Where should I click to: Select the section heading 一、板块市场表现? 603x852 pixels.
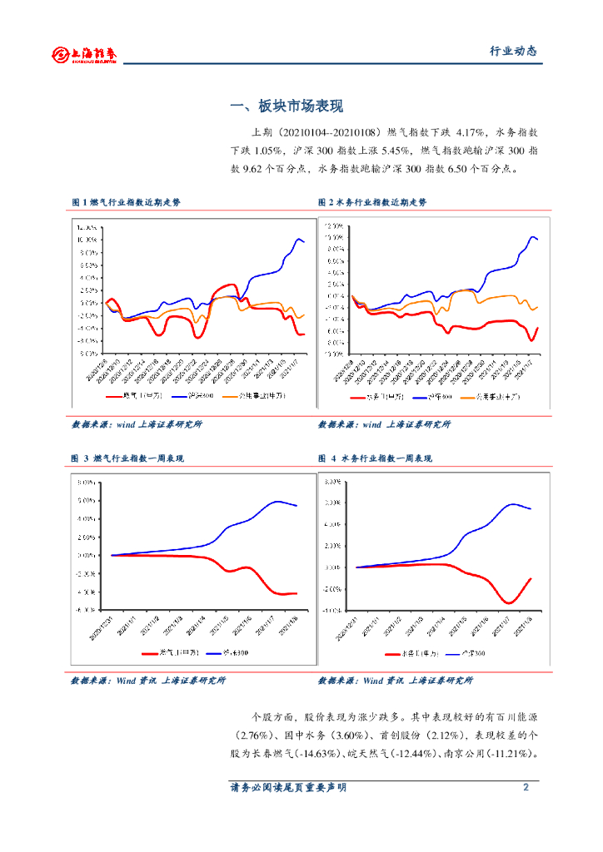click(x=286, y=106)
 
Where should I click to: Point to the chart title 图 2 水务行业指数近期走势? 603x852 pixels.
click(x=372, y=202)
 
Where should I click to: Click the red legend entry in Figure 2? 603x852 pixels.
click(x=380, y=398)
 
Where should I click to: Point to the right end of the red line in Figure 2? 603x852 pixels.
click(x=537, y=327)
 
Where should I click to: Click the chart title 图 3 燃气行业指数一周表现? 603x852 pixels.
click(x=127, y=458)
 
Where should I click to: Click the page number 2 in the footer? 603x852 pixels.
click(x=526, y=787)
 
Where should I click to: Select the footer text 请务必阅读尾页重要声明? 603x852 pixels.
click(x=287, y=787)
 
